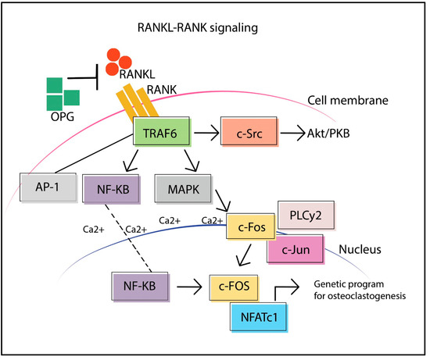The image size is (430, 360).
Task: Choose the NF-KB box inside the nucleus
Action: pos(142,287)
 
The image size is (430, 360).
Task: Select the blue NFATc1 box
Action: pos(263,317)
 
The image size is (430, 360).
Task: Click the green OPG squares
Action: pos(63,91)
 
